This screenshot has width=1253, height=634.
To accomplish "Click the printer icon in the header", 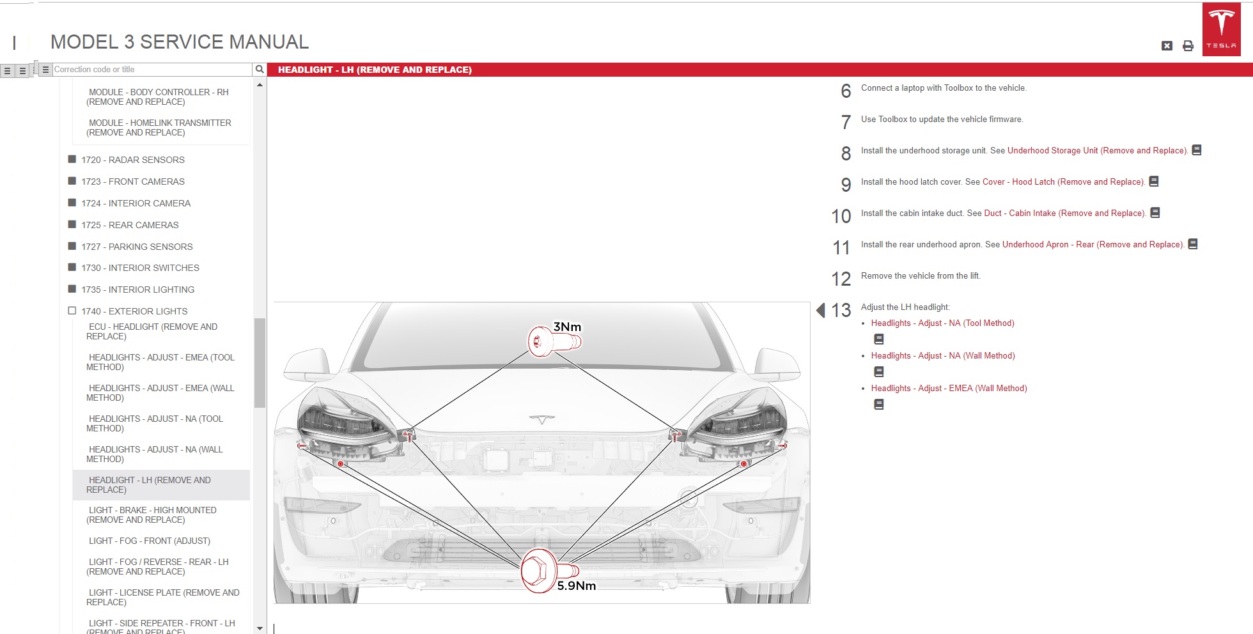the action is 1188,45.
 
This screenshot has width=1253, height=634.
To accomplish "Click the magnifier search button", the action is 259,69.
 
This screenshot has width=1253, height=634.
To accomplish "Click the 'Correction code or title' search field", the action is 152,69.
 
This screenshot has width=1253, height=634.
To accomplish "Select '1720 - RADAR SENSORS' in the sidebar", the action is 132,160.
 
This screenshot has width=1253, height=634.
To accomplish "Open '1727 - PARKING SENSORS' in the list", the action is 137,247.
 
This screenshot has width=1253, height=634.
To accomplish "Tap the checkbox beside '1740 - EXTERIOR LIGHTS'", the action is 72,311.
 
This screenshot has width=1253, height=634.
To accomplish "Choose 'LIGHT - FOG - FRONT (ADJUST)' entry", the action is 150,541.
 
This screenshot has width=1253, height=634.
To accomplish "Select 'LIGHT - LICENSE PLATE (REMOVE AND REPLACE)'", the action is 163,597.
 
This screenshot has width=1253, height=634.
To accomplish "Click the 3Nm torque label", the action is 567,327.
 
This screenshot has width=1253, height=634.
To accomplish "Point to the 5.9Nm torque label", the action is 576,585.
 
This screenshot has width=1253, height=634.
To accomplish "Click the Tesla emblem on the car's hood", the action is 541,419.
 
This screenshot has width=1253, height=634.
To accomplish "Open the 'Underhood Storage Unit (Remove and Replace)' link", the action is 1098,151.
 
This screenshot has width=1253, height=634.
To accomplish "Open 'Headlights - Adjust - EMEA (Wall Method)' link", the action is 949,389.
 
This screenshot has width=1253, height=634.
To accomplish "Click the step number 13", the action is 841,311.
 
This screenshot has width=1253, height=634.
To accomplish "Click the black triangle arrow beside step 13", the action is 821,310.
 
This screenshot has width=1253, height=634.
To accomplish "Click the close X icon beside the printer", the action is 1167,45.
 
